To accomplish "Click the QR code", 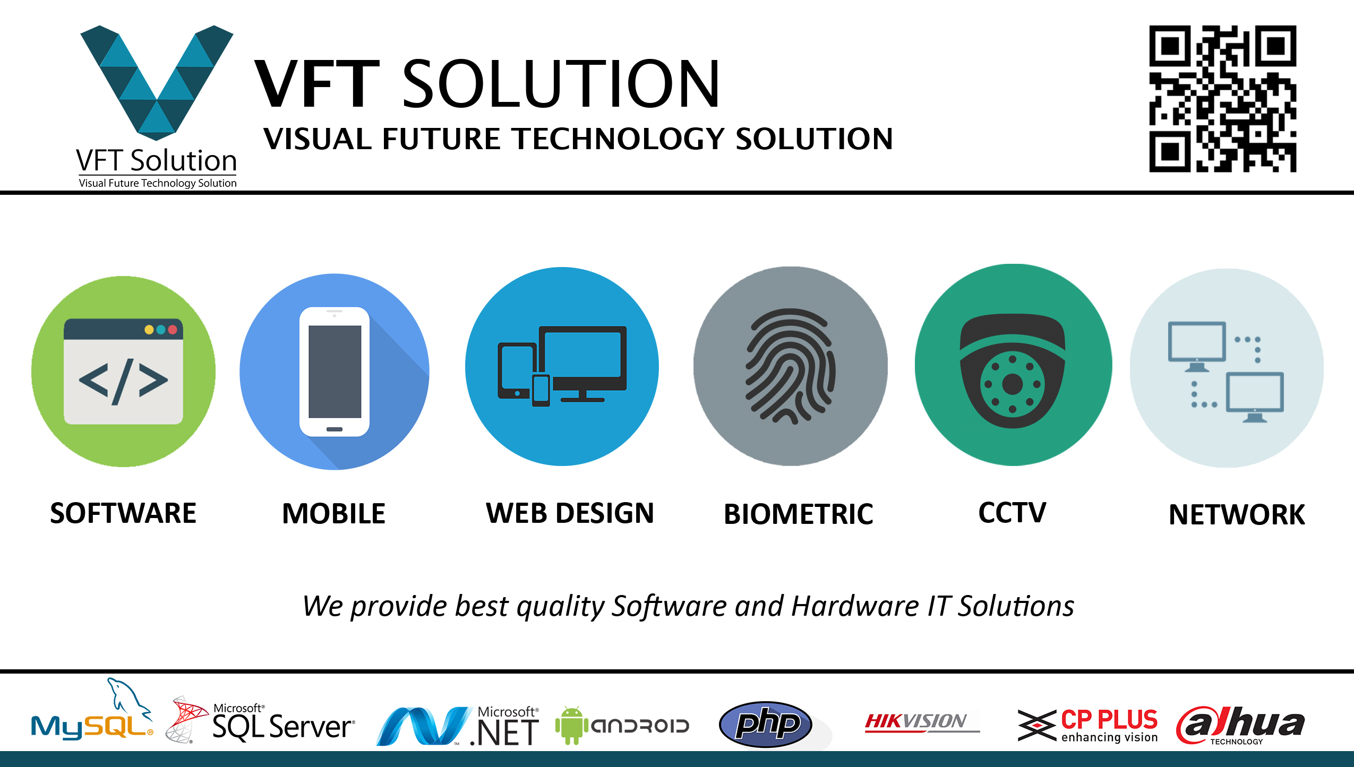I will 1222,99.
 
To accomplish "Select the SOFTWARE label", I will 123,513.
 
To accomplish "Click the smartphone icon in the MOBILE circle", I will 335,372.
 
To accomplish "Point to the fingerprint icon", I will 790,366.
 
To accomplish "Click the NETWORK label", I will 1237,514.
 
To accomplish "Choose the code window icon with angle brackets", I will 123,372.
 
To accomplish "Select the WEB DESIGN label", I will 570,513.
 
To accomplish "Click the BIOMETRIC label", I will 798,514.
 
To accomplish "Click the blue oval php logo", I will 765,724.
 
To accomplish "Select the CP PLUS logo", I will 1089,725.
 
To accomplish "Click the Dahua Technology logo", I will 1240,725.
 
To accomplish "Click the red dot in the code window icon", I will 173,330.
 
